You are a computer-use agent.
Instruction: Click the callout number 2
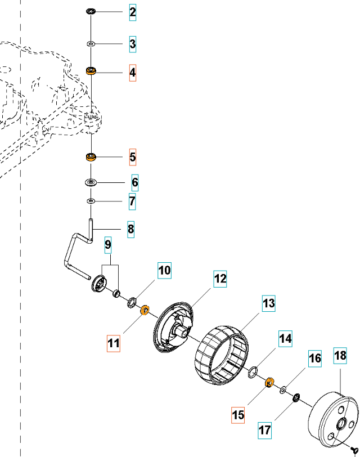132,12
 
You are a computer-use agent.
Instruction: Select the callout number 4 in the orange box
132,73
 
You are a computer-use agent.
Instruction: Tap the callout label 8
130,229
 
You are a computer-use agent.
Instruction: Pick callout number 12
219,279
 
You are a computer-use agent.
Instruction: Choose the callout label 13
269,304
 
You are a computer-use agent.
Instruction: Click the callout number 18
340,356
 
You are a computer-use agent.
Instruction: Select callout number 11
114,342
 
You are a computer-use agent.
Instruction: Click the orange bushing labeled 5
89,156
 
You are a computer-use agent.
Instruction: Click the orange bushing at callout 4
90,71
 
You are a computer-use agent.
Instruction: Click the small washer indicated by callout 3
90,43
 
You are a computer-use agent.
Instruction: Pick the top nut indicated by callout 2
90,12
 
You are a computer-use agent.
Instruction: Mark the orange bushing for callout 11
143,309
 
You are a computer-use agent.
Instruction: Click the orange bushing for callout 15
269,383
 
